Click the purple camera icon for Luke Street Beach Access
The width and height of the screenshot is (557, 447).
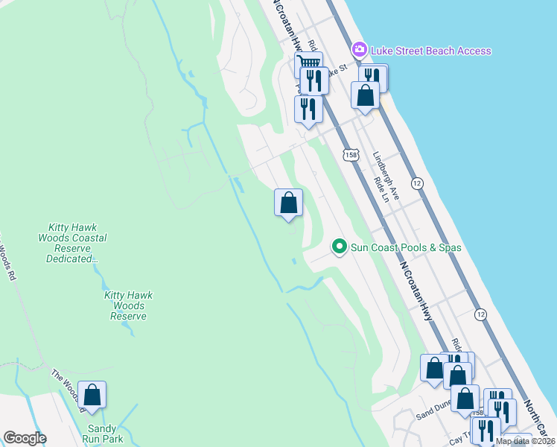[360, 50]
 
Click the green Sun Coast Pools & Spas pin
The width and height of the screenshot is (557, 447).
[340, 246]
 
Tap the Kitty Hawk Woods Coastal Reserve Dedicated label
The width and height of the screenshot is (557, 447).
[77, 243]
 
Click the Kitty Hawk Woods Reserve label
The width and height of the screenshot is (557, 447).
[128, 305]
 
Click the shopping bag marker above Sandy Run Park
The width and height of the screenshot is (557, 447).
[92, 396]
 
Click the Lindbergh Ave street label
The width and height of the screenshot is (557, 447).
[388, 176]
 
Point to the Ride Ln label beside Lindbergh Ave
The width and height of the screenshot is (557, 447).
[381, 189]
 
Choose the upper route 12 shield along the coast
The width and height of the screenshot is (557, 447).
[417, 183]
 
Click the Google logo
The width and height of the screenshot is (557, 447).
[25, 438]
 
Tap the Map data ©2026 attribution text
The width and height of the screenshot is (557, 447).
[525, 441]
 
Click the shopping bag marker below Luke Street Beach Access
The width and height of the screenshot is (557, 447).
[365, 95]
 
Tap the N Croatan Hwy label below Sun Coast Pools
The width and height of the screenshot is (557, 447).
[416, 291]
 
